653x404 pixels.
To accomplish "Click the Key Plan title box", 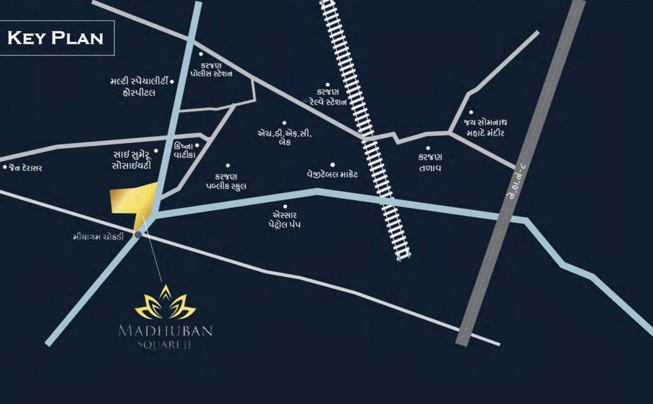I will coord(57,38).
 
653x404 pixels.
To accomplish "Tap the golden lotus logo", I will coord(165,304).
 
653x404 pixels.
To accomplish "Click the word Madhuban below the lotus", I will coord(165,331).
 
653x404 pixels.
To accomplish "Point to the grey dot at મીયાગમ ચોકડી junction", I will coord(138,235).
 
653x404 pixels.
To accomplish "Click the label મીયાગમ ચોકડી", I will coord(98,237).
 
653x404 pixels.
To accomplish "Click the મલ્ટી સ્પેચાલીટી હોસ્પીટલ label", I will coord(139,87).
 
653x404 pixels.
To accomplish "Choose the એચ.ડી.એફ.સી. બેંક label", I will coord(284,137).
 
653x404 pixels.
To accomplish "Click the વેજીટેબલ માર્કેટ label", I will coord(333,174).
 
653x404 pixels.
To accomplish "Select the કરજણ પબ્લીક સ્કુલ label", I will coord(227,181).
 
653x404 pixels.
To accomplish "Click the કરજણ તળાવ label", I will coord(430,163).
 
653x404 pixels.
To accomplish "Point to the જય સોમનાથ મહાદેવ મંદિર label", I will coord(484,128).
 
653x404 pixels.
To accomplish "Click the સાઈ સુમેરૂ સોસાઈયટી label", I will coord(132,160).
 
